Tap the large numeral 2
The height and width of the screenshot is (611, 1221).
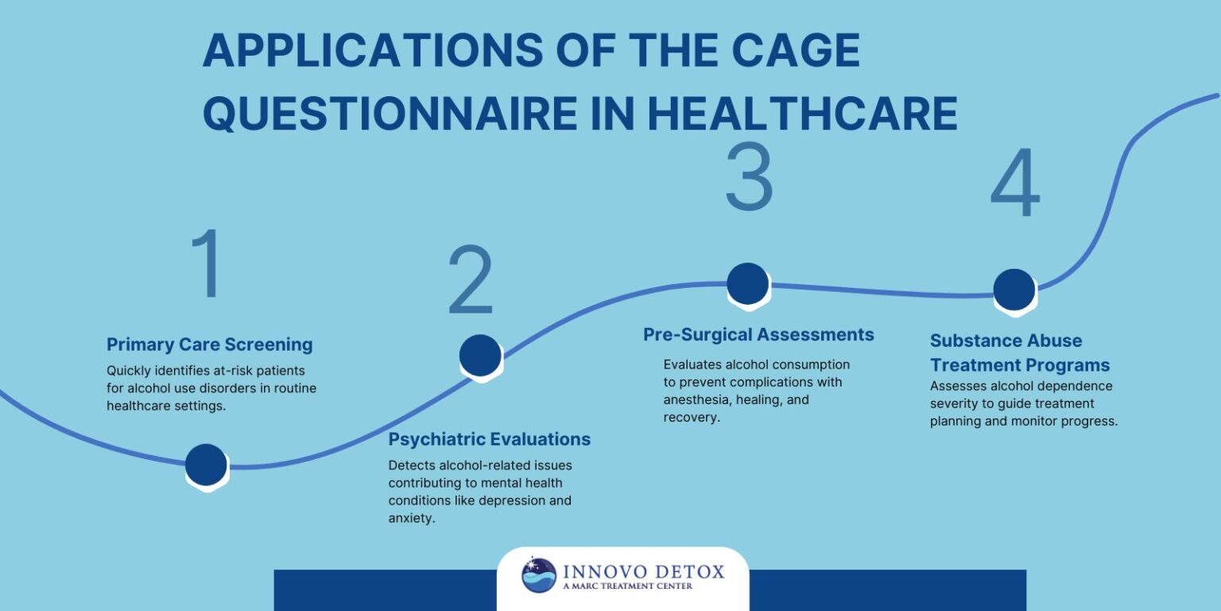click(x=471, y=280)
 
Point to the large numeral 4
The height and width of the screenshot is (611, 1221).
click(x=1015, y=184)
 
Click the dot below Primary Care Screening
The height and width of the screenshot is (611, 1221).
click(x=206, y=464)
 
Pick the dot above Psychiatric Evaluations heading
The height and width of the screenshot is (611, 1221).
click(x=480, y=355)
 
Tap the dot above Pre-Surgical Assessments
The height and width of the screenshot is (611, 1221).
click(x=748, y=283)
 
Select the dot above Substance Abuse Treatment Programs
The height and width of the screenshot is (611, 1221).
click(x=1014, y=289)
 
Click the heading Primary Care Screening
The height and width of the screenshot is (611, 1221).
click(x=210, y=344)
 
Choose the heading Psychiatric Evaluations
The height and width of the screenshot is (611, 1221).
click(x=490, y=439)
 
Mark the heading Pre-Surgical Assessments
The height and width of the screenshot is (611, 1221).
click(x=758, y=335)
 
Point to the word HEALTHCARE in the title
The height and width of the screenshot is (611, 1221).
click(x=801, y=114)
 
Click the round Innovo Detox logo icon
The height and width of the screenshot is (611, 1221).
click(x=539, y=575)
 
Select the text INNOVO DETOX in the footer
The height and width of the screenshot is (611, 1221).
click(x=644, y=571)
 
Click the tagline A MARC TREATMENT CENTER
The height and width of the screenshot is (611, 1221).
click(x=627, y=587)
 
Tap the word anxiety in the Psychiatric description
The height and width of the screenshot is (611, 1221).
click(x=412, y=518)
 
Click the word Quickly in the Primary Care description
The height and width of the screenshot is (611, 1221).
click(x=129, y=371)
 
